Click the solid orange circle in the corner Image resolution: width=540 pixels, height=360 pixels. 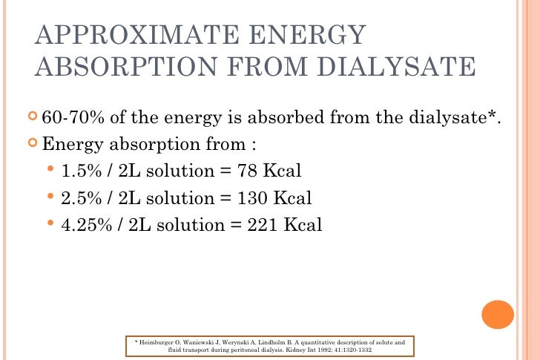[498, 315]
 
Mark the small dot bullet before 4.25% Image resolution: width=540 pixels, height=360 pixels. [51, 224]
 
